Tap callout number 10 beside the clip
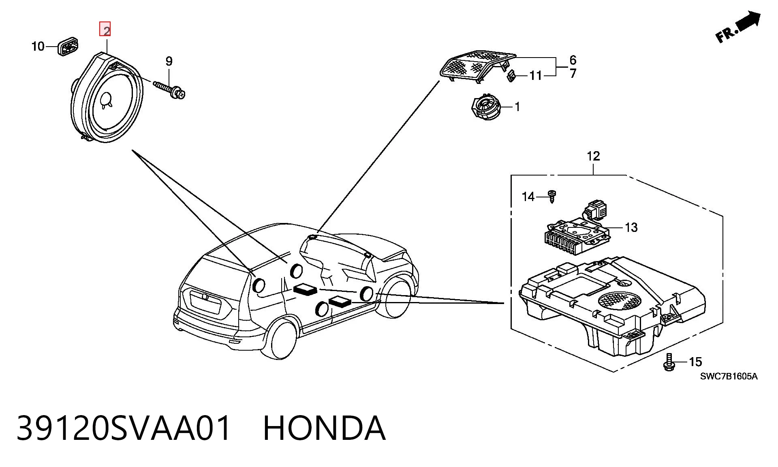(x=38, y=46)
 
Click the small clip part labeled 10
(x=68, y=47)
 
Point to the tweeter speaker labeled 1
(x=486, y=107)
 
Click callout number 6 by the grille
(x=573, y=60)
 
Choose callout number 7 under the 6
(x=573, y=73)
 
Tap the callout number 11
(x=536, y=75)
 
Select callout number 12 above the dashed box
(x=593, y=156)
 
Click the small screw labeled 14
(x=551, y=196)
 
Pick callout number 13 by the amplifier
(x=631, y=227)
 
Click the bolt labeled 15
(x=669, y=362)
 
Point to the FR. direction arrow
(x=738, y=27)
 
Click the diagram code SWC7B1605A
(x=729, y=376)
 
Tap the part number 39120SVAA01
(x=124, y=428)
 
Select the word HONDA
(x=324, y=428)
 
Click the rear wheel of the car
(x=280, y=338)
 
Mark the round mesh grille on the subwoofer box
(x=620, y=301)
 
